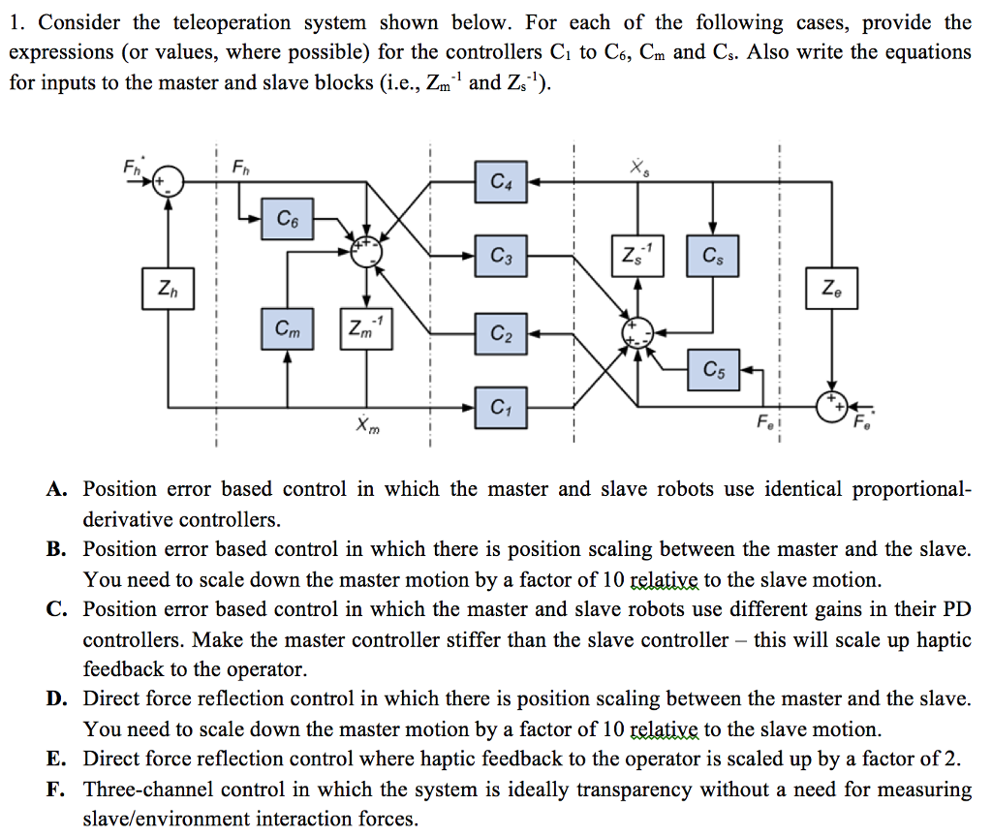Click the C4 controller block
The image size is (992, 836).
501,181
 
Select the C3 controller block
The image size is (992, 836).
501,257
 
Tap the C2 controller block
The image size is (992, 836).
501,334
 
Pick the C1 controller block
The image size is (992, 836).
501,407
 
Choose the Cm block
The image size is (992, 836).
288,329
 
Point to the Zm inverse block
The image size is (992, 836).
365,329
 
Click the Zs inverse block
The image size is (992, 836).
637,257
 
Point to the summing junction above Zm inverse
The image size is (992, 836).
365,251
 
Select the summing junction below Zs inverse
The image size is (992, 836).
636,332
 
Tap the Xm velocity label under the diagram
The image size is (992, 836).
360,426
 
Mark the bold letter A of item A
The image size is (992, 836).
55,489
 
